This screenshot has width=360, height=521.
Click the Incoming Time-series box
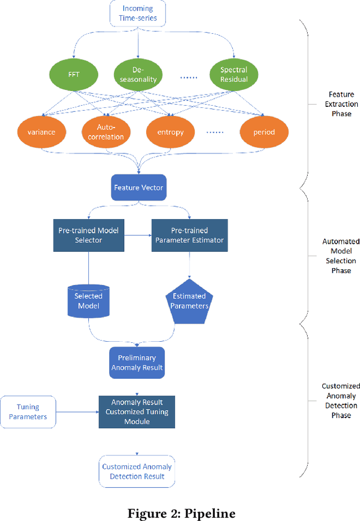tap(137, 13)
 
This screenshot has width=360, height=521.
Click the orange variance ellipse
tap(41, 132)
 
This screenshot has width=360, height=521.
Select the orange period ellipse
tap(264, 132)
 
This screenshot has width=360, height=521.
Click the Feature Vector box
tap(138, 187)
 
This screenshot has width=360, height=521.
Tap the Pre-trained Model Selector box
tap(88, 235)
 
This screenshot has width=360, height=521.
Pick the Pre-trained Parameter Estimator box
tap(189, 235)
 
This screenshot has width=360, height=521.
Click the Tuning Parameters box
tap(28, 412)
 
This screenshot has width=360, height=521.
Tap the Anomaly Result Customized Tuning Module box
tap(137, 411)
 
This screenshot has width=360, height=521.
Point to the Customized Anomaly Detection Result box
tap(137, 471)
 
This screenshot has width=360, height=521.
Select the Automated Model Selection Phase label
tap(341, 256)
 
